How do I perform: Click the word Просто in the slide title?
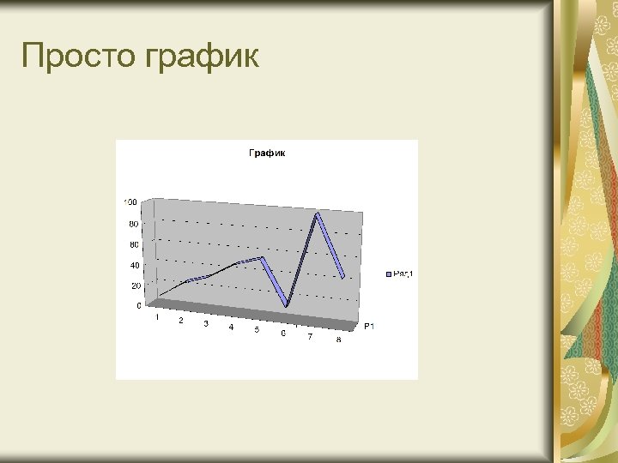(77, 57)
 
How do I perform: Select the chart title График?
(267, 153)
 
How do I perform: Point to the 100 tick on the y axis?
(130, 202)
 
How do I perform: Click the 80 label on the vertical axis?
(133, 224)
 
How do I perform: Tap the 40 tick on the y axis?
(134, 266)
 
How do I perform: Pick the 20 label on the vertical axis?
(135, 286)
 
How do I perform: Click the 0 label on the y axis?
(139, 305)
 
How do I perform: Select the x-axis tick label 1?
(156, 317)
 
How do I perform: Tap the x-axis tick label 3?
(206, 324)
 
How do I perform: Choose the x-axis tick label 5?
(257, 330)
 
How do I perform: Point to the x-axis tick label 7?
(310, 336)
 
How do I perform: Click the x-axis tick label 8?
(338, 340)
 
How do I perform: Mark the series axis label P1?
(369, 327)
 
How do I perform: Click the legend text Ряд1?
(403, 274)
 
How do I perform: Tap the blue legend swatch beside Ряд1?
(389, 274)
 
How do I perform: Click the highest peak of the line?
(317, 213)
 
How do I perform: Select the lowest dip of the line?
(288, 305)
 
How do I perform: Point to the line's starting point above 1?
(160, 296)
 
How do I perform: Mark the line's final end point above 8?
(342, 278)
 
